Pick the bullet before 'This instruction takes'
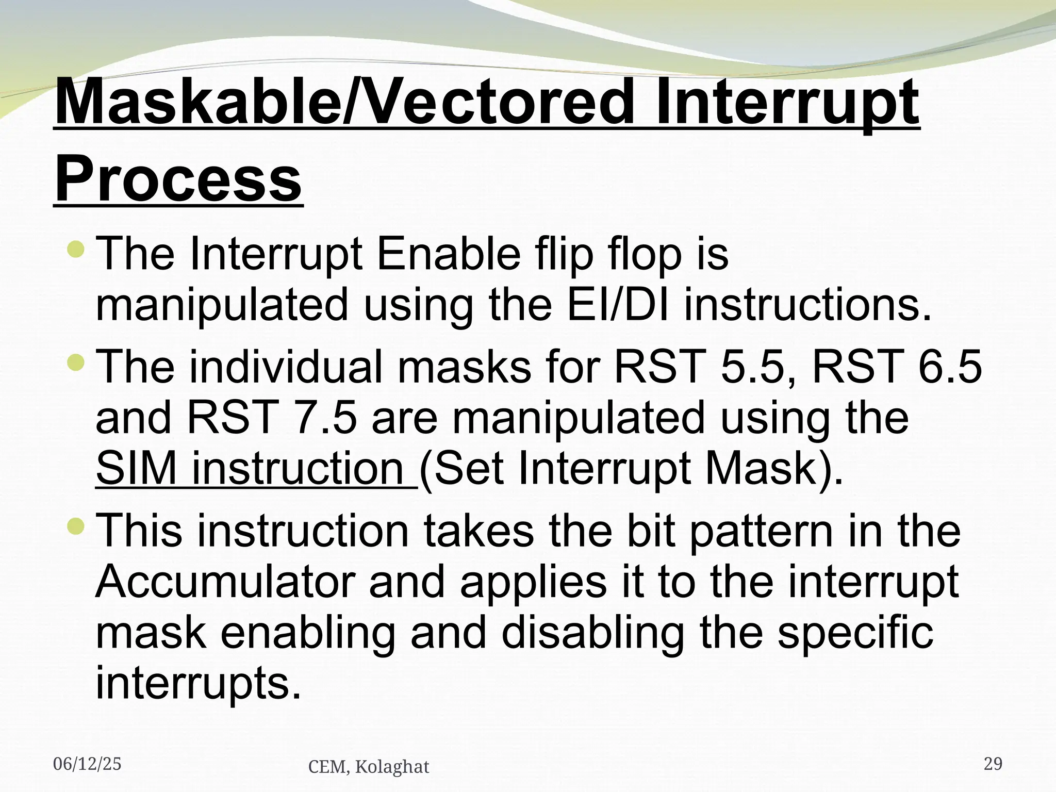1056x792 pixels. pyautogui.click(x=76, y=526)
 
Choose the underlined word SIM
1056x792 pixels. pyautogui.click(x=137, y=468)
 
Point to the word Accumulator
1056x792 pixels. pyautogui.click(x=225, y=582)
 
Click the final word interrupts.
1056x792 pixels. pyautogui.click(x=197, y=683)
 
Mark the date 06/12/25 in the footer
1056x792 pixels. pyautogui.click(x=87, y=764)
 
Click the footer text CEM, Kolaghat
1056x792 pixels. pyautogui.click(x=368, y=767)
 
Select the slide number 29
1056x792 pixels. pyautogui.click(x=993, y=764)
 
